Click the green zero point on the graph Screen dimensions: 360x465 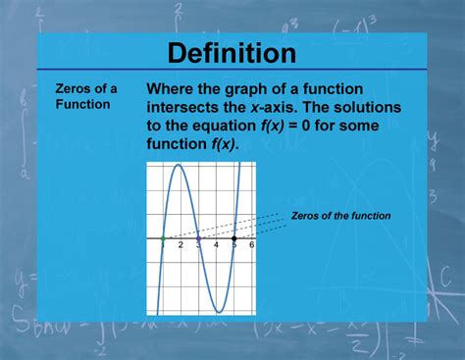click(x=163, y=238)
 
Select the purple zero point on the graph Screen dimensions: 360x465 click(x=198, y=238)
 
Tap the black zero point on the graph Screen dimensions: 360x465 click(x=233, y=238)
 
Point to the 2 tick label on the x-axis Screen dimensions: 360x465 click(x=181, y=244)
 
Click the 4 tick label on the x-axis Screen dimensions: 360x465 click(x=216, y=244)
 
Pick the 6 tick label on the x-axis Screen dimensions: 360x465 click(x=251, y=244)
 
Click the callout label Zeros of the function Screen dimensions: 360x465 click(x=340, y=216)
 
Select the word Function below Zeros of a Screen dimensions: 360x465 click(x=82, y=104)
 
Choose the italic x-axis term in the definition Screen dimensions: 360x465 click(x=279, y=107)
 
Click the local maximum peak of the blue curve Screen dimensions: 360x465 click(x=181, y=168)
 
